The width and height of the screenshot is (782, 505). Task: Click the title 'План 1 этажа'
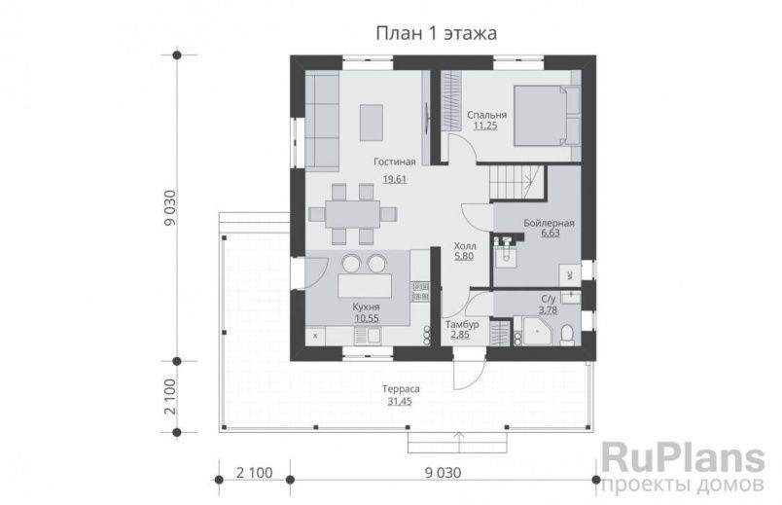tap(436, 33)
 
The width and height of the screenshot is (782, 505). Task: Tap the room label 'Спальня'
tap(486, 115)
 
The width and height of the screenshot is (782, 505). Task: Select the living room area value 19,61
tap(395, 179)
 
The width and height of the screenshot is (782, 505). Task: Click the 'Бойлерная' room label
tap(549, 223)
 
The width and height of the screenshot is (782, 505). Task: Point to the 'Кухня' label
tap(366, 307)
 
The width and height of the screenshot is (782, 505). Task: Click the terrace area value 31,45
tap(400, 401)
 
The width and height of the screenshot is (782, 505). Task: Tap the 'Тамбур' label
tap(462, 324)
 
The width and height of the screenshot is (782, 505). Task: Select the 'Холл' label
tap(465, 246)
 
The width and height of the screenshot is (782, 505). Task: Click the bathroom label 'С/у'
tap(549, 299)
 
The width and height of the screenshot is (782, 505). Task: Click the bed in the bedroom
tap(547, 116)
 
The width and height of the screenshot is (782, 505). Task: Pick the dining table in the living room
tap(353, 215)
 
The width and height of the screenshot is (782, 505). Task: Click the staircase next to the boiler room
tap(517, 183)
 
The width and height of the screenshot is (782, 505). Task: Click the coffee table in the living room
tap(372, 123)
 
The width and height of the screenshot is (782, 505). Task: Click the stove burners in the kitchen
tap(420, 292)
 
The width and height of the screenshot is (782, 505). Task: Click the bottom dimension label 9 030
tap(443, 472)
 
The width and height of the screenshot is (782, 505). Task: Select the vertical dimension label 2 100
tap(170, 397)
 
